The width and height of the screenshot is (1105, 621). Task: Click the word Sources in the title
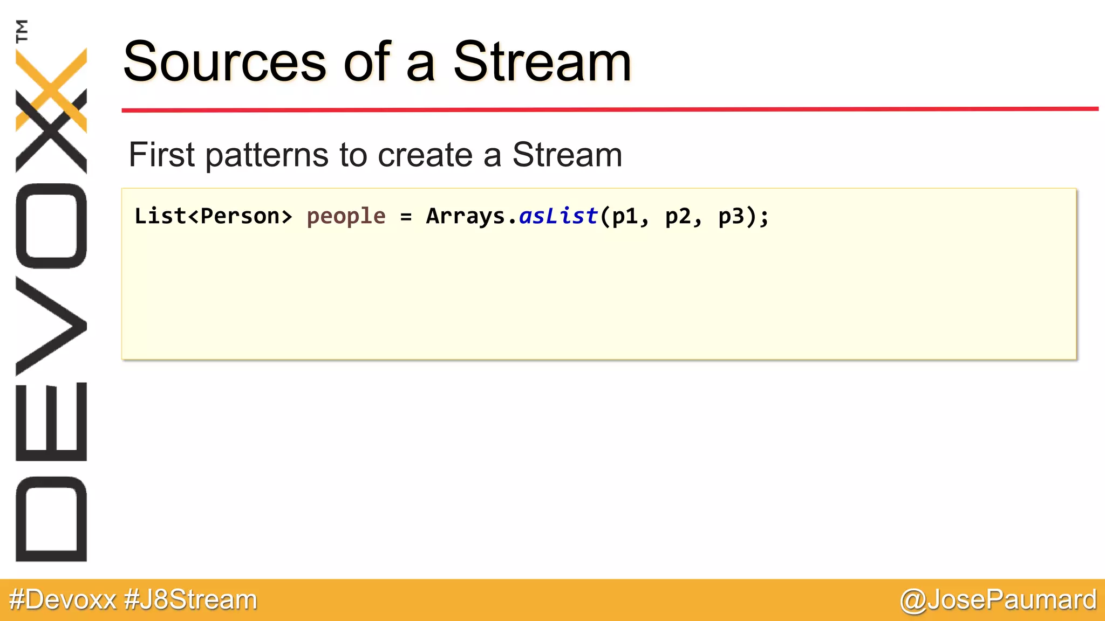[x=224, y=62]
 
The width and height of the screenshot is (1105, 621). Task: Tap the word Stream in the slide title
[x=542, y=62]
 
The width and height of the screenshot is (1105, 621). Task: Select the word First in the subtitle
[x=161, y=155]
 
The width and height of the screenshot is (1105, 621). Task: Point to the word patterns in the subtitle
[x=267, y=156]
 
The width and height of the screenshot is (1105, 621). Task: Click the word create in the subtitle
[x=425, y=155]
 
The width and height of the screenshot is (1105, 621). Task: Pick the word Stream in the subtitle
[x=567, y=155]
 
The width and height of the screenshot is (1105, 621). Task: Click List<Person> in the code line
[x=213, y=216]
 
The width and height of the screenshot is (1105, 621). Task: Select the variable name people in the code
[x=346, y=217]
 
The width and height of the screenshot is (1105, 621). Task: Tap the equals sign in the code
[x=406, y=217]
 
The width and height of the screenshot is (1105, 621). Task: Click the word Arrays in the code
[x=465, y=217]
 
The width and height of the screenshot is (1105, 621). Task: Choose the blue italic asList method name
[x=558, y=216]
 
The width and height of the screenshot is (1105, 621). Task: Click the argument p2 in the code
[x=678, y=217]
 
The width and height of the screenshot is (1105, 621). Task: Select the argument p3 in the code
[x=731, y=217]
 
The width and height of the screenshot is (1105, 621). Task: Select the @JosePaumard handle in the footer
[x=998, y=600]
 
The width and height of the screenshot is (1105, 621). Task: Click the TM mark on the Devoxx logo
[x=22, y=31]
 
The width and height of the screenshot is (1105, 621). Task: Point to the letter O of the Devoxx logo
[x=51, y=226]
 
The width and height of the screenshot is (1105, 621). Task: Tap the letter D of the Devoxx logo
[x=51, y=519]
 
